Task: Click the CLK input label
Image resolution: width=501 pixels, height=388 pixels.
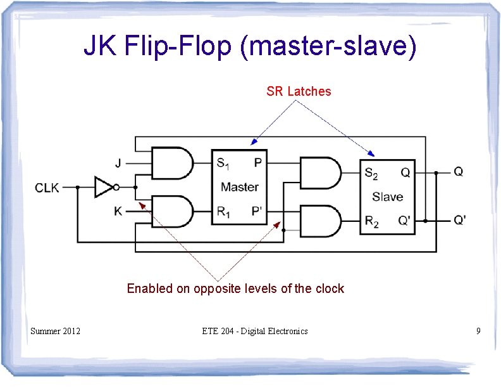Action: [47, 187]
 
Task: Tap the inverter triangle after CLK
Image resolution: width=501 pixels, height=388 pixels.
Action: [103, 187]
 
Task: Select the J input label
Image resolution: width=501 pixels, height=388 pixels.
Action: [118, 162]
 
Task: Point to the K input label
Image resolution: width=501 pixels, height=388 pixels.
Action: [118, 211]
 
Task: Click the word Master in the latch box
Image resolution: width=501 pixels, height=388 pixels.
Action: [240, 187]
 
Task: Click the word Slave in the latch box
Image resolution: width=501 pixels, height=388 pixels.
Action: [387, 197]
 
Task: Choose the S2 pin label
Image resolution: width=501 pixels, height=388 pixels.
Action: [372, 172]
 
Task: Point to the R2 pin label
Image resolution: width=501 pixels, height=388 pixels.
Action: [372, 221]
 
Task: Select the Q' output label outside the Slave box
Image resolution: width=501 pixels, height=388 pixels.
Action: [461, 221]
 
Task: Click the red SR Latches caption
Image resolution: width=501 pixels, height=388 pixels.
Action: [299, 91]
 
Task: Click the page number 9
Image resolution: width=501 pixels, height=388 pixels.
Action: [478, 330]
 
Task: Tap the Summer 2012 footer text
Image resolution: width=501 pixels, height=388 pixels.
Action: [56, 330]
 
